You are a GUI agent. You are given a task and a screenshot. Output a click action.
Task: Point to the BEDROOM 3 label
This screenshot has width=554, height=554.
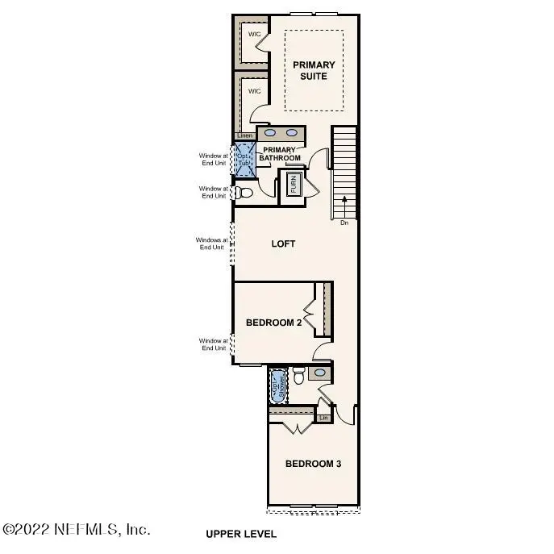tap(314, 464)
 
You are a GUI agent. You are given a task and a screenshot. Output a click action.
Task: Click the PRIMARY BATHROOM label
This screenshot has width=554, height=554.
tap(281, 153)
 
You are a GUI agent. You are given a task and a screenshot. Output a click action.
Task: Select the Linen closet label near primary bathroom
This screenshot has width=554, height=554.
tap(244, 135)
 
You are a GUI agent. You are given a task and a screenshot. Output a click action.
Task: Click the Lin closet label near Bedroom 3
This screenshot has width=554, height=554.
tap(324, 418)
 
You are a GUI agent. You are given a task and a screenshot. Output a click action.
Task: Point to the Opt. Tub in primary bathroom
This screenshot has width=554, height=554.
tap(244, 157)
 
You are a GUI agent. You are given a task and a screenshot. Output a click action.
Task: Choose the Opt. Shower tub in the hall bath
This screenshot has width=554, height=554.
tap(278, 385)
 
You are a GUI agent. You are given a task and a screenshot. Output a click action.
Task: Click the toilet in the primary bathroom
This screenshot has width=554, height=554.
tap(243, 193)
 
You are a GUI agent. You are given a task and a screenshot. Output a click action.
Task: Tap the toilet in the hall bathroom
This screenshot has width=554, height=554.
tap(298, 376)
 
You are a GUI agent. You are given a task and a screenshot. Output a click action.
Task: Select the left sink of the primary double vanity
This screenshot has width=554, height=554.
tap(271, 132)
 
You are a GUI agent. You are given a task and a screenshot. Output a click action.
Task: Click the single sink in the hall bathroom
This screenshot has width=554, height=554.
tap(319, 373)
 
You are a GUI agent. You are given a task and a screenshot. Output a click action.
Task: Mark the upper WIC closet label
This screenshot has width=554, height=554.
tap(253, 34)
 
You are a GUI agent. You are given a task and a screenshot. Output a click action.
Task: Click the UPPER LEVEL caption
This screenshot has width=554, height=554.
tap(240, 534)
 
